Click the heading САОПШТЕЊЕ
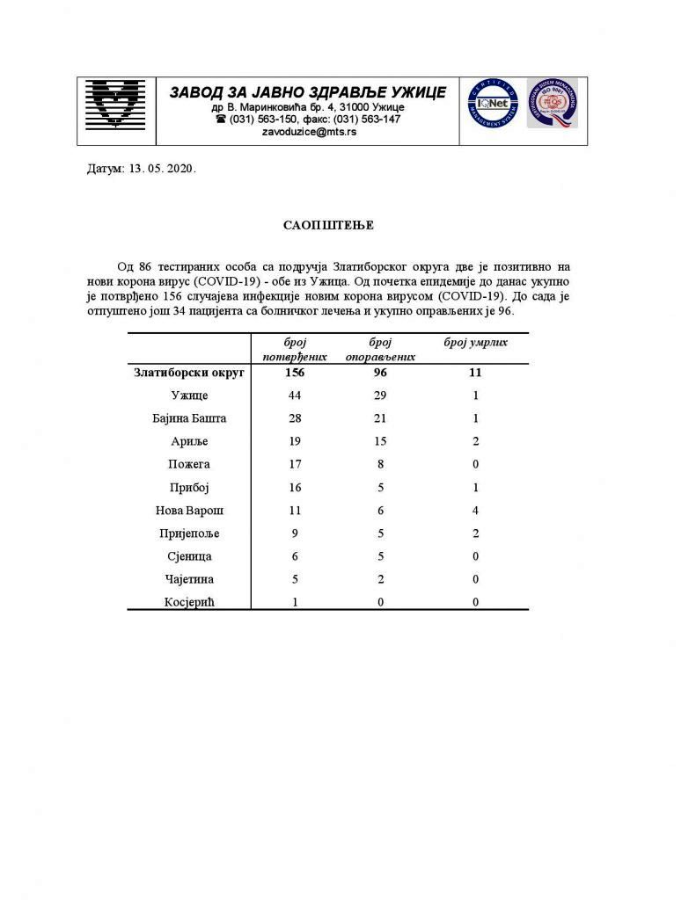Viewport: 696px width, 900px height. tap(328, 226)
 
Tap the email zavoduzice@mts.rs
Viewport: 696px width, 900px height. tap(309, 132)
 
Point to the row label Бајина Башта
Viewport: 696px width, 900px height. tap(190, 418)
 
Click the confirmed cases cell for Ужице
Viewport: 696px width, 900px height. tap(296, 396)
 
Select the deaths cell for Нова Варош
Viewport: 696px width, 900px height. tap(475, 510)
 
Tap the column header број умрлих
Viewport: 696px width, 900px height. tap(476, 342)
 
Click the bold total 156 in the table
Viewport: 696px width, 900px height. tap(296, 373)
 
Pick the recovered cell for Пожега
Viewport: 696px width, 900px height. tap(380, 464)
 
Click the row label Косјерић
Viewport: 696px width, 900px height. tap(190, 602)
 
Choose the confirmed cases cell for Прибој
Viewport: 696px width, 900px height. tap(296, 487)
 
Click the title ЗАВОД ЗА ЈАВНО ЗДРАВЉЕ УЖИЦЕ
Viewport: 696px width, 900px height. tap(308, 92)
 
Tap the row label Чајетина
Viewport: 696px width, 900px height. tap(190, 579)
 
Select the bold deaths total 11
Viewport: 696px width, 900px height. tap(475, 373)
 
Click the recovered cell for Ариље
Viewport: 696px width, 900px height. tap(380, 441)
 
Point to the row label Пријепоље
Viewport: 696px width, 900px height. tap(190, 533)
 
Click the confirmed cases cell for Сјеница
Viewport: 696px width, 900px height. tap(296, 556)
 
